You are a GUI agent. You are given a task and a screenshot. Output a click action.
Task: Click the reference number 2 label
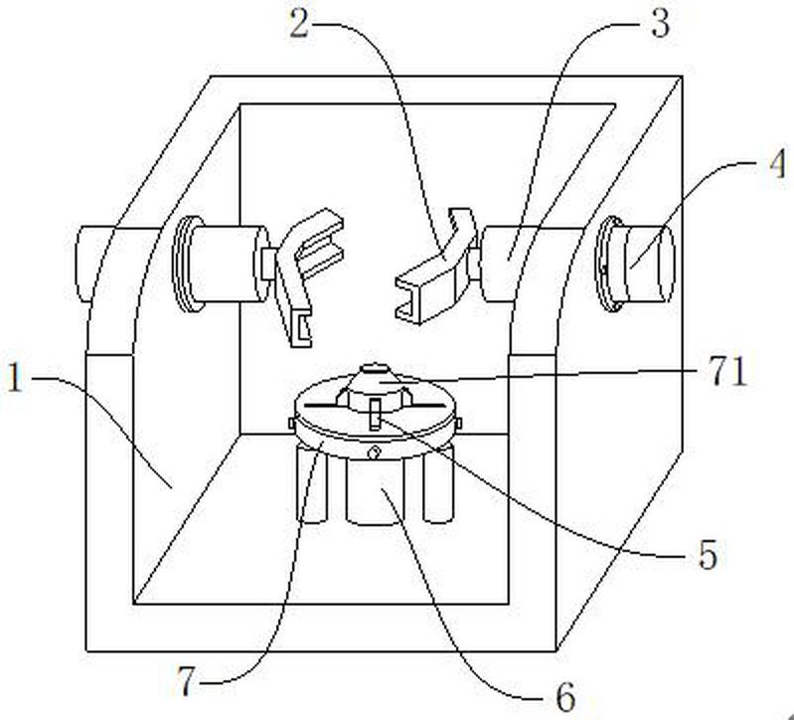[x=299, y=23]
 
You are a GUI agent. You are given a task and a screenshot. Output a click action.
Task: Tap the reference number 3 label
[x=660, y=24]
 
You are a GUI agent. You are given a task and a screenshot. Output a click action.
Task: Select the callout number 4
[x=778, y=163]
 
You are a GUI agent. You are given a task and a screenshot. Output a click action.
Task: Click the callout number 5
[x=708, y=554]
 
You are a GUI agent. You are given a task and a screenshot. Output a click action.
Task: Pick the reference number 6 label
[x=565, y=697]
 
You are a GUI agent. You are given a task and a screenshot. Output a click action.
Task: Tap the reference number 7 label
[x=187, y=681]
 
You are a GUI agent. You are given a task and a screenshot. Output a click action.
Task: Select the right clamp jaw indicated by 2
[x=435, y=268]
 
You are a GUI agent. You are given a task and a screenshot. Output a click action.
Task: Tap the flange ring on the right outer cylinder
[x=608, y=263]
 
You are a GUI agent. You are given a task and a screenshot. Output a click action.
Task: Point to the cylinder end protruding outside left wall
[x=117, y=264]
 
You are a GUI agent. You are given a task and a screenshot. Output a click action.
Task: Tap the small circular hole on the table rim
[x=375, y=450]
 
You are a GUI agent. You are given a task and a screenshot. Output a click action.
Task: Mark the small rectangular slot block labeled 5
[x=376, y=414]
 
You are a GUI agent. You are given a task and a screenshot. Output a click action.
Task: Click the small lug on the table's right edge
[x=458, y=422]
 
